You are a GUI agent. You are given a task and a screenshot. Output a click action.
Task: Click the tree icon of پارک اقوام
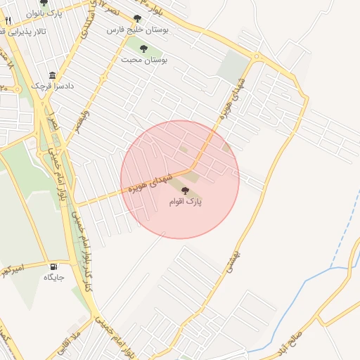click(186, 191)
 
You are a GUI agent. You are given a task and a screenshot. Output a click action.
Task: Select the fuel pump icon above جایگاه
click(53, 266)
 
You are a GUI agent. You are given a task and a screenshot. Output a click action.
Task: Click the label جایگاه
click(54, 278)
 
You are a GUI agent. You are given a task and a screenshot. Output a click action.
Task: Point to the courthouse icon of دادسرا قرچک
click(52, 75)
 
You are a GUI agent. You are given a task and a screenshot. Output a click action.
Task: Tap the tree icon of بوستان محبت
click(143, 49)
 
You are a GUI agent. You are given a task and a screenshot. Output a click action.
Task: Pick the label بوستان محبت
click(143, 60)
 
